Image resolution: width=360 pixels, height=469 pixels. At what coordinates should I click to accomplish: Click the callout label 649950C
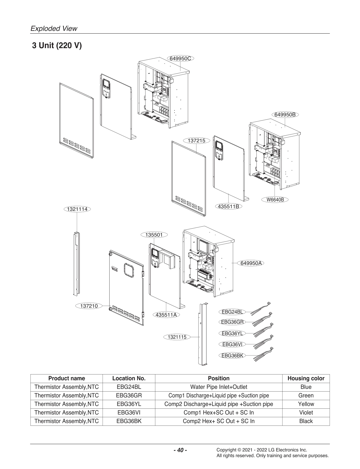coord(180,58)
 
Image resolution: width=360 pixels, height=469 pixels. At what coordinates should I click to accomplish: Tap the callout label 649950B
coord(285,114)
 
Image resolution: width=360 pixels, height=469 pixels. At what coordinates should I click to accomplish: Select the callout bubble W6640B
coord(275,199)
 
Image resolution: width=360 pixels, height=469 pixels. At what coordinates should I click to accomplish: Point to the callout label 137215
coord(196,141)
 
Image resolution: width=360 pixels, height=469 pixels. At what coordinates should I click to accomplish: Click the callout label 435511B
coord(228,206)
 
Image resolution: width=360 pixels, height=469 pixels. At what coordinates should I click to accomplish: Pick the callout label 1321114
coord(77,209)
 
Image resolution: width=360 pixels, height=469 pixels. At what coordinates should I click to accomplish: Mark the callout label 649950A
coord(250,263)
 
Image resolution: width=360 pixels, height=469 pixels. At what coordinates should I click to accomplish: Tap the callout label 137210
coord(89,306)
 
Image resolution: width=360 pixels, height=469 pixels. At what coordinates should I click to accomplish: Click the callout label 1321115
coord(177,337)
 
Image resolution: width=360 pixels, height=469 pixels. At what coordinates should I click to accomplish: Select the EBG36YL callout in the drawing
coord(232,333)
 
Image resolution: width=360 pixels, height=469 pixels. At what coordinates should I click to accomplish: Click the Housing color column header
coord(306,378)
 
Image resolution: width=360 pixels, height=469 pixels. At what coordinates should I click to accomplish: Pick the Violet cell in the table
coord(306,413)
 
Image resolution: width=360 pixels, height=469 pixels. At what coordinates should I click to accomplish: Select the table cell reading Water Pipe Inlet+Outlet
coord(219,387)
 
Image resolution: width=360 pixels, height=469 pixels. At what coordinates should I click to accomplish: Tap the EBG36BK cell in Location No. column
coord(129,421)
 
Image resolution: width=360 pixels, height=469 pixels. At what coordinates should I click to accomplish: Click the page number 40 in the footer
coord(180,450)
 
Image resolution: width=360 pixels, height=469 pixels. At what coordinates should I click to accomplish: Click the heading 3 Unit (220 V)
coord(57,46)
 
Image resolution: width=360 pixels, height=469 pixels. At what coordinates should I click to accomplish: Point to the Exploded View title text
coord(54,28)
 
